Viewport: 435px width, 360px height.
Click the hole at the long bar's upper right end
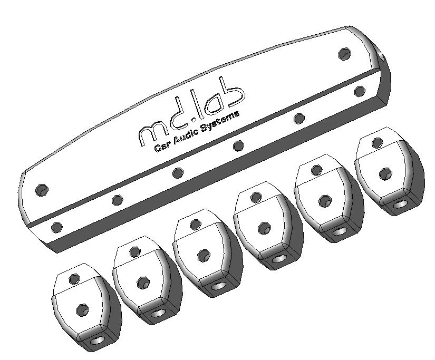click(x=345, y=54)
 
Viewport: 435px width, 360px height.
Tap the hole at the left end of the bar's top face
click(x=42, y=190)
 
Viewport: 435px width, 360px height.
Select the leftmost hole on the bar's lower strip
click(x=57, y=227)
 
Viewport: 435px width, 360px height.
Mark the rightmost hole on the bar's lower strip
click(x=360, y=91)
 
